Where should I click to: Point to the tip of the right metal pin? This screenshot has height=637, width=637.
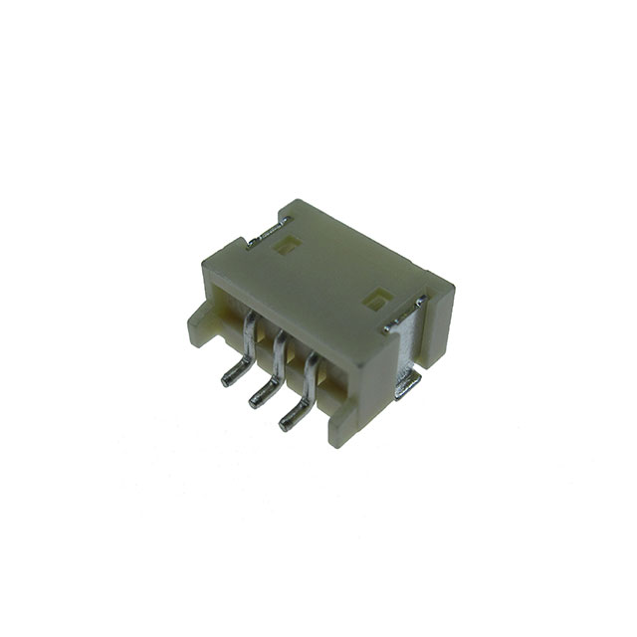click(286, 424)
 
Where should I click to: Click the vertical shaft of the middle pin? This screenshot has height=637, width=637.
click(279, 357)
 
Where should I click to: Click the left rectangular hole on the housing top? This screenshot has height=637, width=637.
click(285, 246)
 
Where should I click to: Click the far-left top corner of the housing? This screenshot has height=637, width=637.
click(204, 261)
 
